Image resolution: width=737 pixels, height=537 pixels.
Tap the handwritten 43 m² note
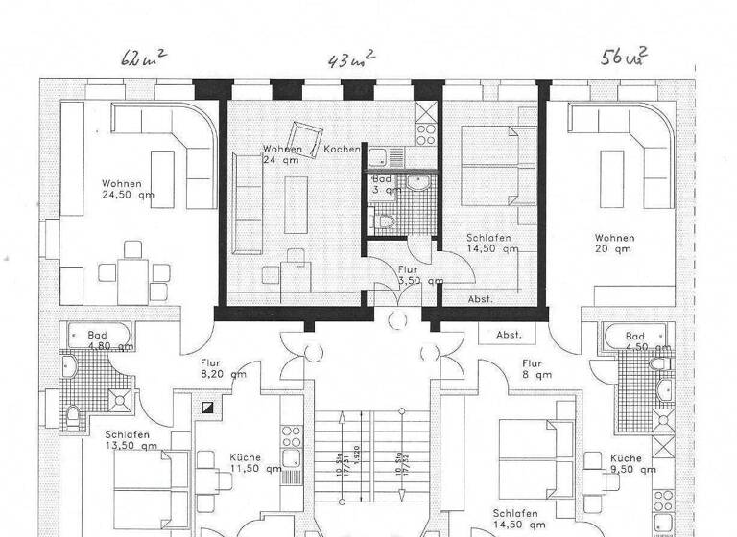[351, 60]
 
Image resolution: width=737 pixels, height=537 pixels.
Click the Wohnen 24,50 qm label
[128, 190]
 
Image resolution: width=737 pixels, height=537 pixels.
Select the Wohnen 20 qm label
[613, 244]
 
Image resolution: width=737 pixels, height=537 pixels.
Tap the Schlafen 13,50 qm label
[133, 440]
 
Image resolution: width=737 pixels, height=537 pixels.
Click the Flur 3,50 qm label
[419, 276]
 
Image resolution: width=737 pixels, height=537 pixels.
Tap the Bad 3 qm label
[382, 184]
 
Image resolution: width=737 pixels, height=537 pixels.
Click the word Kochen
[342, 150]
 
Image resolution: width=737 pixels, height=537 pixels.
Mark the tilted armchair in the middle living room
[306, 136]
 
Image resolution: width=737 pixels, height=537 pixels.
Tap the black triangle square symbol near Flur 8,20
[208, 407]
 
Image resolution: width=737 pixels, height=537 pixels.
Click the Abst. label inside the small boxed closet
[508, 335]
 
